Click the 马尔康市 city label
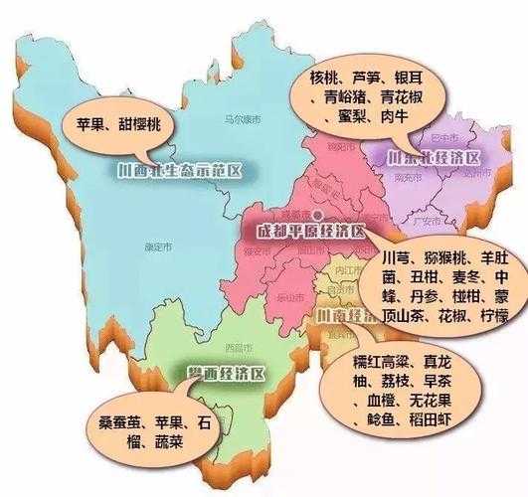tap(242, 120)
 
